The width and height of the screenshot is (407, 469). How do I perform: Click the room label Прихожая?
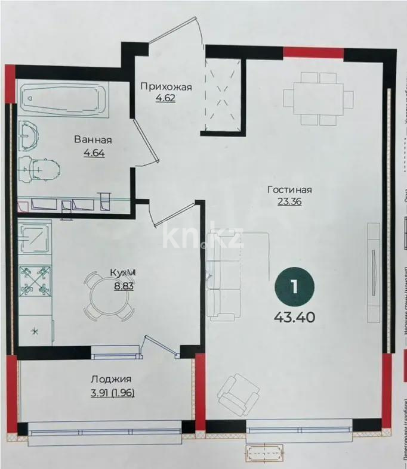click(x=166, y=87)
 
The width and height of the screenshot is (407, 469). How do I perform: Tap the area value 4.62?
click(x=166, y=98)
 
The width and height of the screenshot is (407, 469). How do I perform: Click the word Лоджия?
click(x=111, y=379)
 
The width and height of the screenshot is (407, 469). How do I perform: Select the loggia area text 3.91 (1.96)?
click(x=111, y=391)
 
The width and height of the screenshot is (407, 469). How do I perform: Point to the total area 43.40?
click(x=294, y=316)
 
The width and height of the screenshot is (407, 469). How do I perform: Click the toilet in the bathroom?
click(x=39, y=169)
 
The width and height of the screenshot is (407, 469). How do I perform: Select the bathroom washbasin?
click(x=30, y=136)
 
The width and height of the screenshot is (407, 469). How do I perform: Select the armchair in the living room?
click(x=239, y=392)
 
